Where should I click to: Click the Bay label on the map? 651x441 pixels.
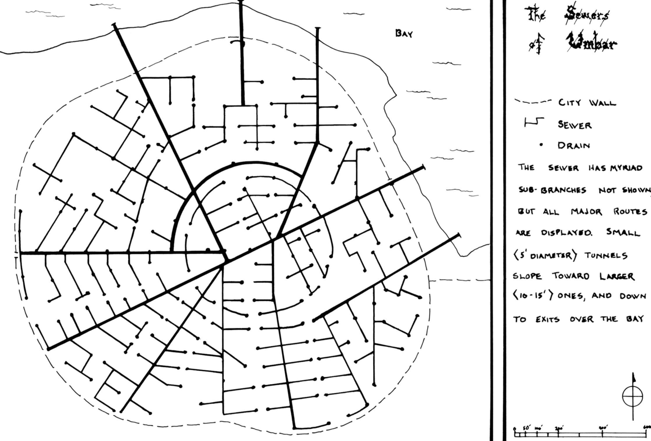click(x=403, y=33)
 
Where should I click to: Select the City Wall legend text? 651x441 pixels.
click(x=587, y=103)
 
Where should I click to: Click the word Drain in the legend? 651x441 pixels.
click(x=573, y=146)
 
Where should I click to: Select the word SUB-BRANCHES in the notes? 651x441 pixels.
click(x=552, y=190)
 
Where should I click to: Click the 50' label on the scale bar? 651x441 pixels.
click(x=526, y=428)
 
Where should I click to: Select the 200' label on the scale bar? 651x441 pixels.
click(x=559, y=428)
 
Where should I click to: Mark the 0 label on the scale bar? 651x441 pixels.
click(x=515, y=429)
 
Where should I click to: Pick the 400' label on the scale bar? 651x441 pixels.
click(x=603, y=428)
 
